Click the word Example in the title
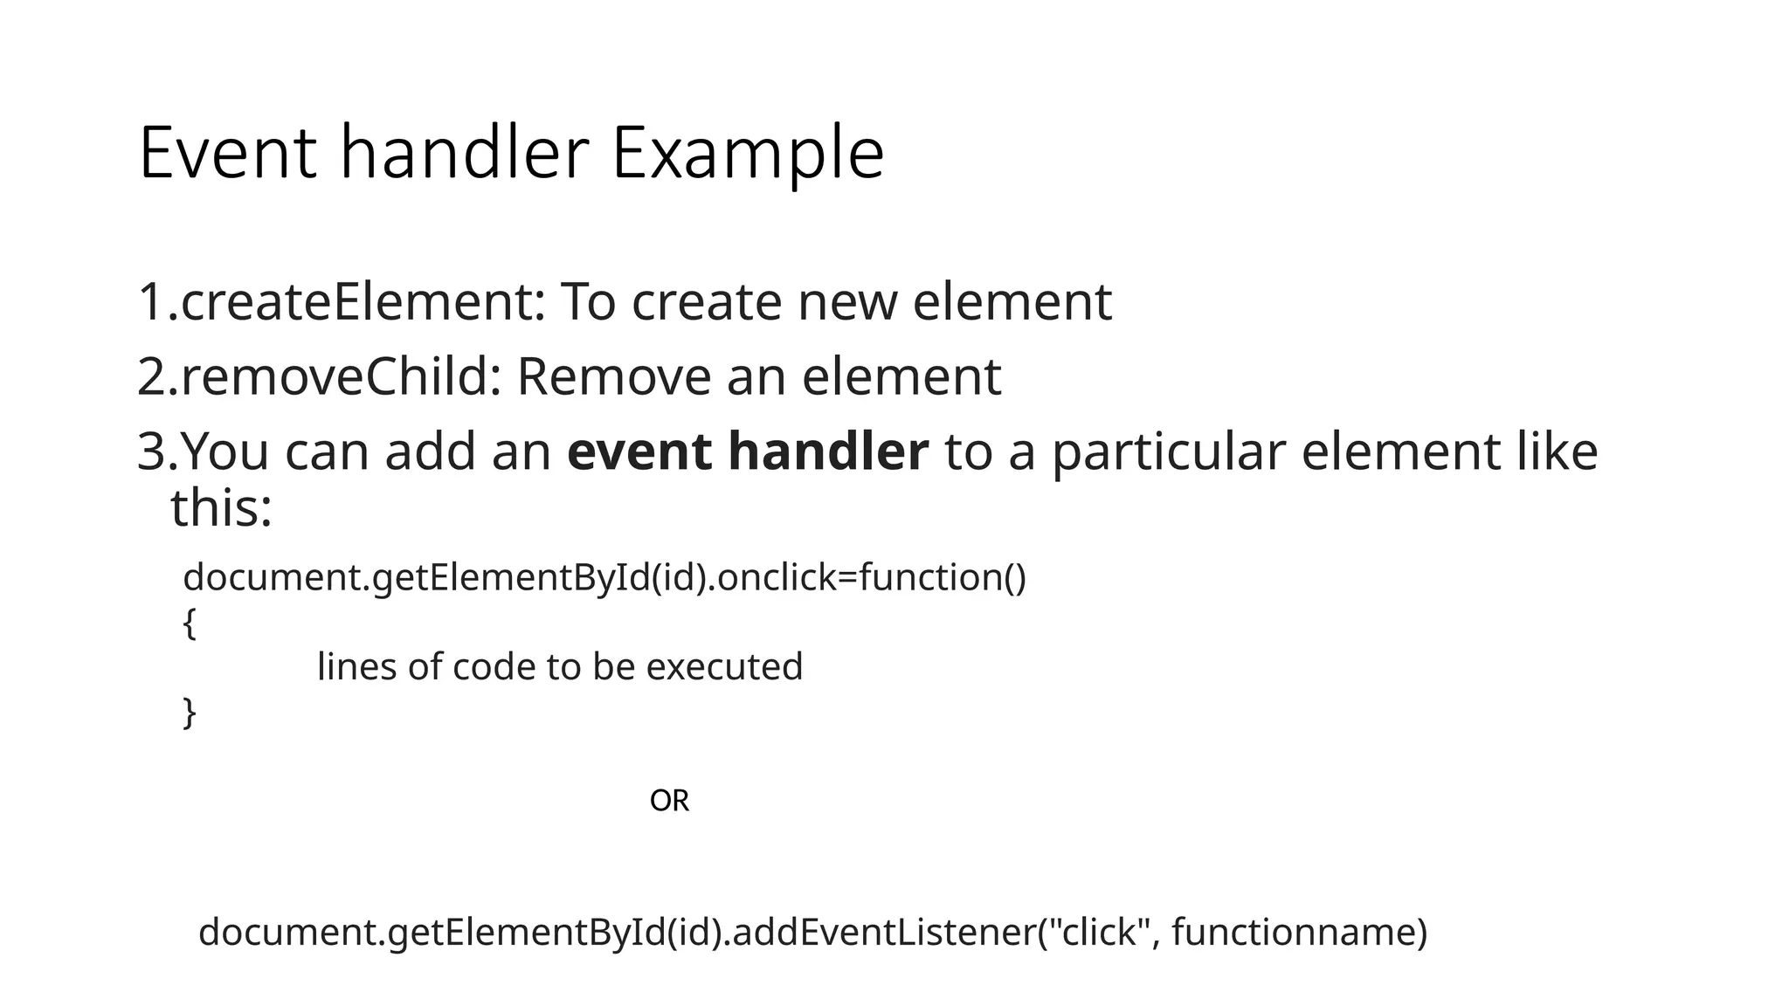747,154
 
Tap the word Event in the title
227,154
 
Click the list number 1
152,302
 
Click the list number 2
153,377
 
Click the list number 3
153,452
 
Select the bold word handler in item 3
827,452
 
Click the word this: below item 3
221,508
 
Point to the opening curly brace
190,624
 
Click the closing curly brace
190,713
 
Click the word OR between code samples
669,801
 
